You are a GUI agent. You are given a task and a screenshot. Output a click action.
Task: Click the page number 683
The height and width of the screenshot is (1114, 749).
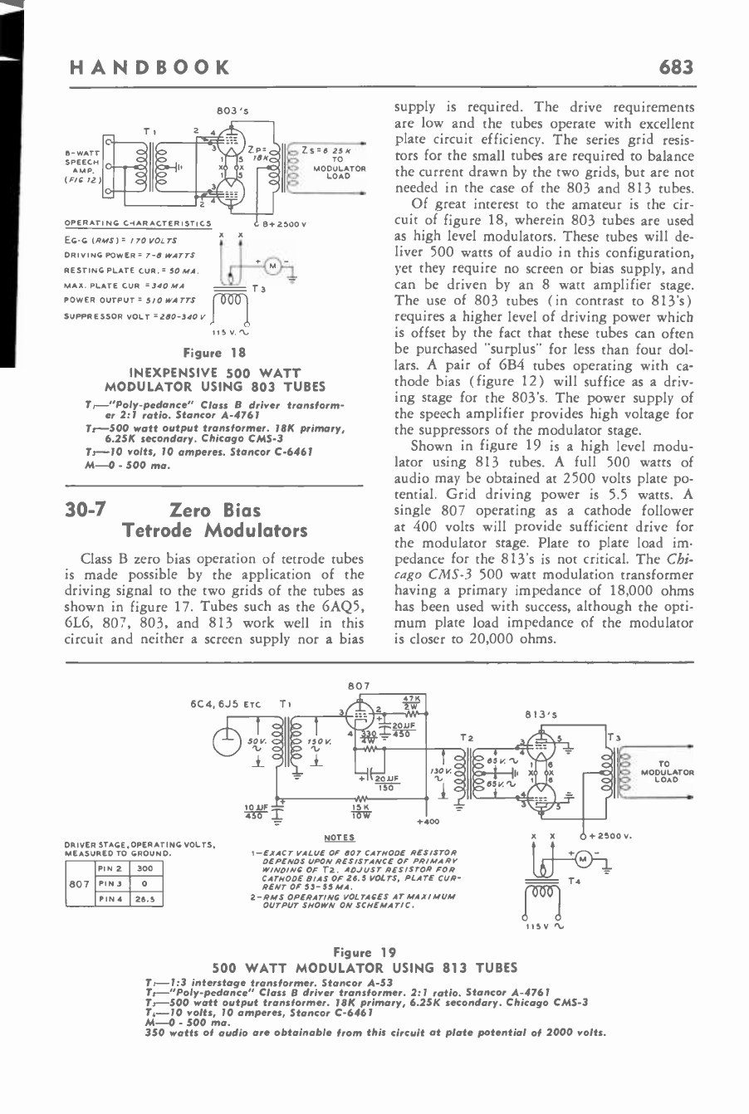pos(675,67)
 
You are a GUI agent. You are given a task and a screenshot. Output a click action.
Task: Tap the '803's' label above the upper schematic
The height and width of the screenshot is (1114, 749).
pos(226,110)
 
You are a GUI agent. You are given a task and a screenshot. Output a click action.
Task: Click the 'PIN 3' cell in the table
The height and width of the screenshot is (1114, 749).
pos(108,883)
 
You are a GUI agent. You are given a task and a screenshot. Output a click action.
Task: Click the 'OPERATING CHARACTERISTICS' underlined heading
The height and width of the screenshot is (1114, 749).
pos(138,223)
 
